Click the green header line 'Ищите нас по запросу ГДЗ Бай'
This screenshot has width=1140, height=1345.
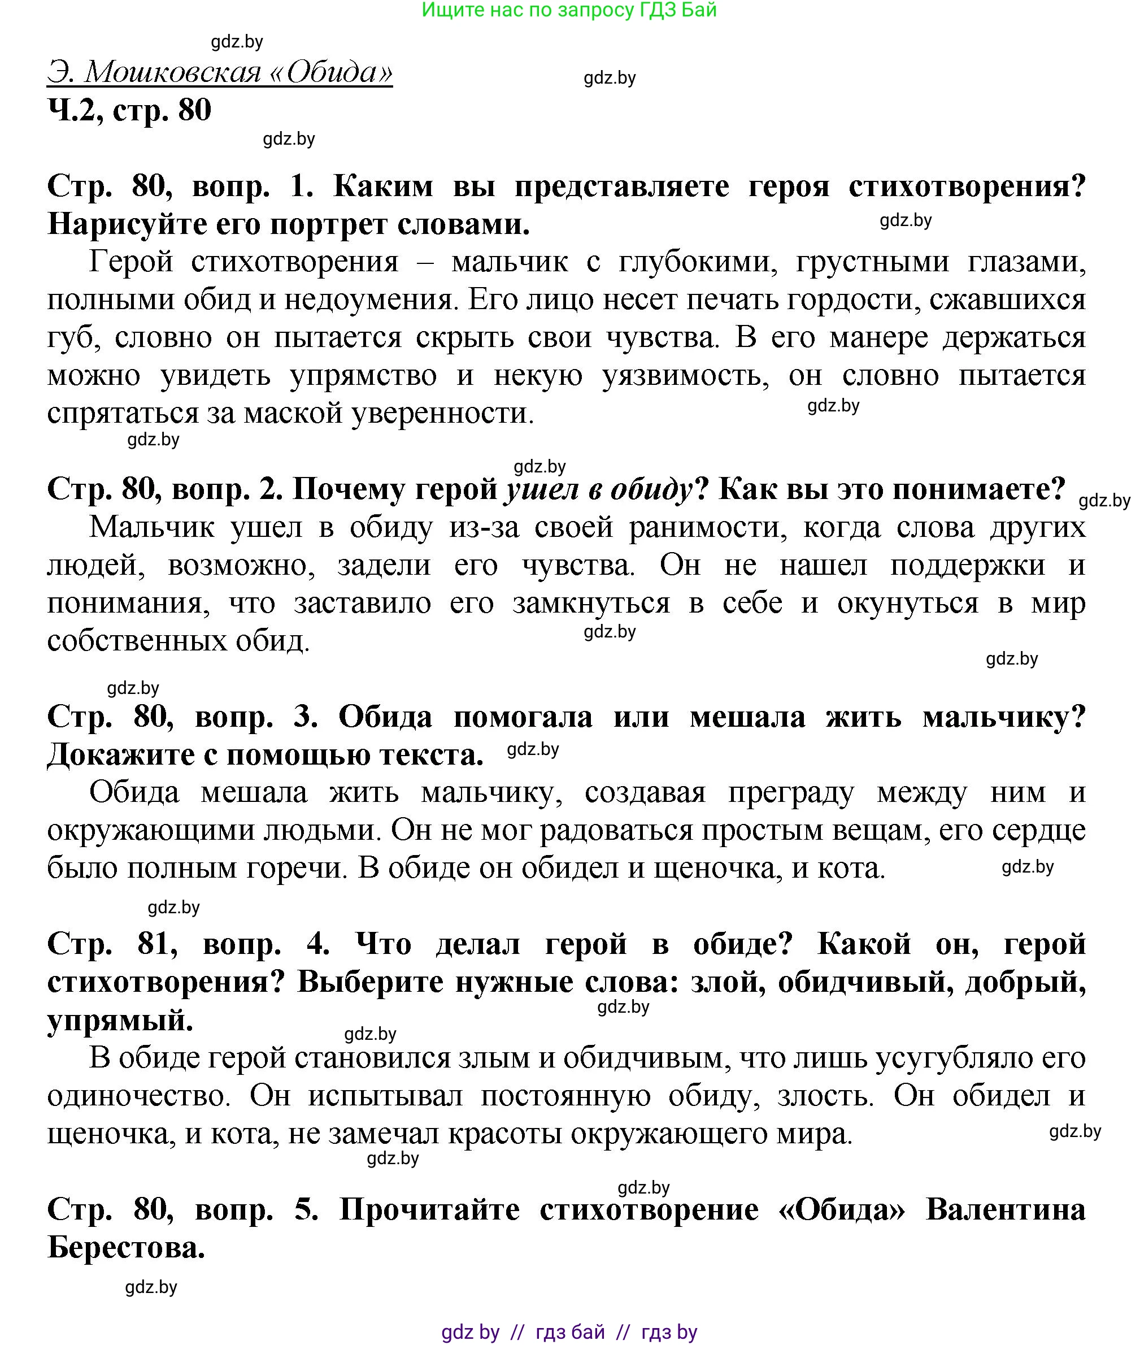[x=569, y=10]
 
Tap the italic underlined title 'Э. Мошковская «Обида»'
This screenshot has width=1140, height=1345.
[x=220, y=72]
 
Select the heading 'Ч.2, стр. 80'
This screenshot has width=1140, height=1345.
[x=129, y=110]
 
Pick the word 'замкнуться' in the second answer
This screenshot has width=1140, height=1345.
[x=591, y=603]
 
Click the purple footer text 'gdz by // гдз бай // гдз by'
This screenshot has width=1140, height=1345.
[x=569, y=1332]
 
